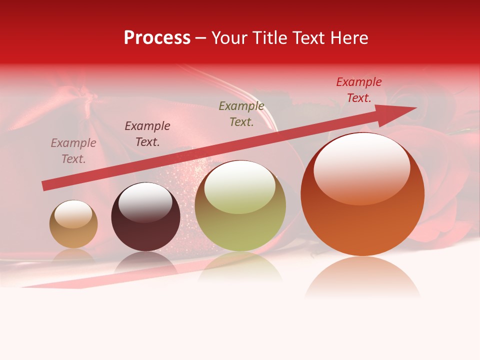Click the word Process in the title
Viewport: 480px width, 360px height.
click(x=157, y=38)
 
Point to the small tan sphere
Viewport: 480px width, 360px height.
click(x=73, y=224)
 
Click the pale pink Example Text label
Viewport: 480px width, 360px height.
click(x=73, y=151)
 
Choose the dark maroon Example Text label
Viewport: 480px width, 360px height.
click(x=147, y=134)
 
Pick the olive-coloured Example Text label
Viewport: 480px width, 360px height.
click(x=241, y=114)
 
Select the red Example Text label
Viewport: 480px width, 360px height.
click(x=359, y=90)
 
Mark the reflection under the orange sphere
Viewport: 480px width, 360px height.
click(x=362, y=277)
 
